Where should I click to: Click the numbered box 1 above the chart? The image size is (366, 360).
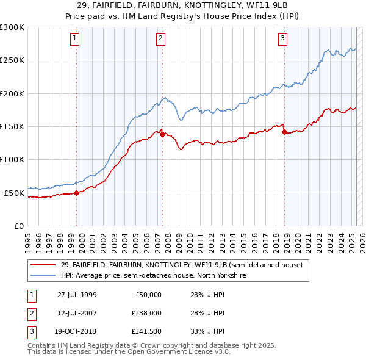click(x=74, y=38)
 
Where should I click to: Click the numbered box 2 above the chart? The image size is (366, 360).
click(x=160, y=38)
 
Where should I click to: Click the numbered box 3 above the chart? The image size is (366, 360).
click(x=283, y=38)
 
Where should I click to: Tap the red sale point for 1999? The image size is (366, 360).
click(x=77, y=193)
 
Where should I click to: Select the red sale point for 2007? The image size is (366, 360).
click(x=162, y=135)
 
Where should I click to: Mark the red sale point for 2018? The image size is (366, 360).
click(x=284, y=132)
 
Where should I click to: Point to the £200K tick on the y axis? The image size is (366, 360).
click(x=12, y=94)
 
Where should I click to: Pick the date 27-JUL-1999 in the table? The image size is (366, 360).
click(x=77, y=295)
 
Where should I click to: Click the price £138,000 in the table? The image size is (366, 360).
click(x=146, y=313)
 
